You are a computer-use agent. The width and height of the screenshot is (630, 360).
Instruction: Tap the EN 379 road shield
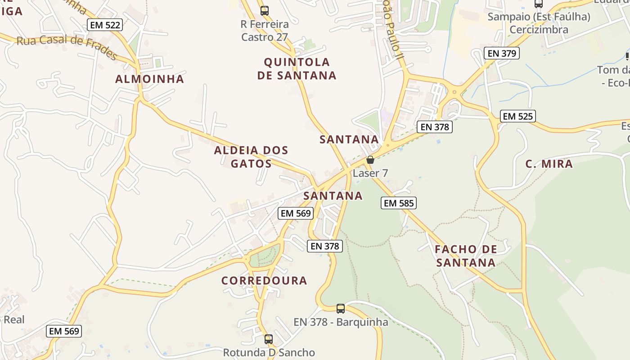502,53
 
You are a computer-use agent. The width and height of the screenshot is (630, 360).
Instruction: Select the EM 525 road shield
517,117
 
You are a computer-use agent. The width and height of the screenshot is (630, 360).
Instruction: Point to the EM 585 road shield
399,203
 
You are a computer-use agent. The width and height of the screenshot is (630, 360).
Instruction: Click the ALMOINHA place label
150,79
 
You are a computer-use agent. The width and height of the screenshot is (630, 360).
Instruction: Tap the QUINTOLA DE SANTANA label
297,69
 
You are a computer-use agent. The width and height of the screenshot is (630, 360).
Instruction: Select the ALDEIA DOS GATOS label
251,157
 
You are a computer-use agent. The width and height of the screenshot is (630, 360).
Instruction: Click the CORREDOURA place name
264,281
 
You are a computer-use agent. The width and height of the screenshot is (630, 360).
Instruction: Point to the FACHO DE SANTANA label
466,256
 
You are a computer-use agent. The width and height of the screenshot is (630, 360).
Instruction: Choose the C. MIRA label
549,164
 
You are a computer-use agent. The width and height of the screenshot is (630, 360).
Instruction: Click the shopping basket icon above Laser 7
370,160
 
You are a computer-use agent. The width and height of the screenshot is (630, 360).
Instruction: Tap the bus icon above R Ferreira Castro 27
265,10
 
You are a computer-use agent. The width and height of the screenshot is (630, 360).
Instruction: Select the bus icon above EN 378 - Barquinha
341,308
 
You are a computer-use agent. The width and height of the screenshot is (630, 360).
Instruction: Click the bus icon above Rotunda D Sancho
269,339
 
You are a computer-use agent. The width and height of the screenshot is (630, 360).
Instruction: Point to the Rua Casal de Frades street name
67,46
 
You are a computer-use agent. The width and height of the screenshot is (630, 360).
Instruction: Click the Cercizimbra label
539,30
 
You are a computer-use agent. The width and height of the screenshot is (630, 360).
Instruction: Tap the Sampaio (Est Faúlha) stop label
539,17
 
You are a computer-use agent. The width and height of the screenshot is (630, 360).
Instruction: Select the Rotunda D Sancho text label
269,352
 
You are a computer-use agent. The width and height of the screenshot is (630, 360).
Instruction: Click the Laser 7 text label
370,173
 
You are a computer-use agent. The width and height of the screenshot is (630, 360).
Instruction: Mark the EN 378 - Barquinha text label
341,322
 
